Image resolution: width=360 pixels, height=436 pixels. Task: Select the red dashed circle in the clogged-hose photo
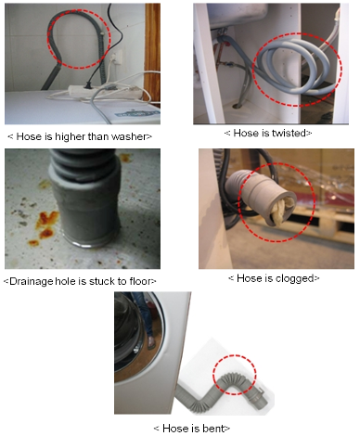click(x=273, y=208)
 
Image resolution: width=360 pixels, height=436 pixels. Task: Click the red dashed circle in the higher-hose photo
click(x=79, y=39)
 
